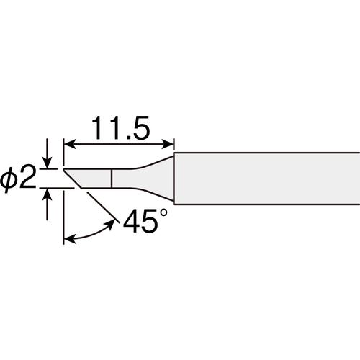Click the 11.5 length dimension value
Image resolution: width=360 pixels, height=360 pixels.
(121, 128)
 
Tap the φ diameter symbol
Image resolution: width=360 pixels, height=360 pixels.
(9, 179)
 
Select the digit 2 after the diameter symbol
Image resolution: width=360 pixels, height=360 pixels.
(27, 177)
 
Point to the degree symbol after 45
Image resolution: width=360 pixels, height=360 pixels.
(163, 213)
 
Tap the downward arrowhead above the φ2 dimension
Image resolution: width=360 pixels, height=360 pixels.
(48, 163)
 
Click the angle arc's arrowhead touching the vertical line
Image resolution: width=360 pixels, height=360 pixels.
(70, 239)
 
